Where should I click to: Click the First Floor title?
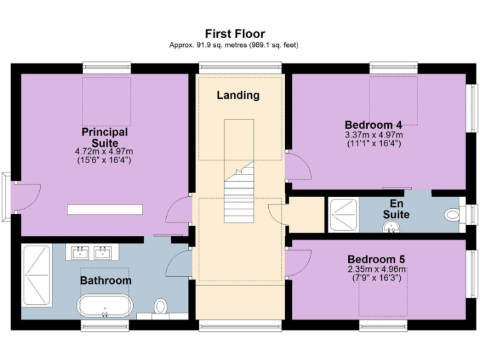point(235,34)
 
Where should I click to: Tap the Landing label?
point(238,96)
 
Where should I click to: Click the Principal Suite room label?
point(105,137)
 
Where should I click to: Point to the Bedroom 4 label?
point(372,124)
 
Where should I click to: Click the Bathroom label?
point(106,281)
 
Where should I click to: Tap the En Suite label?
point(396,209)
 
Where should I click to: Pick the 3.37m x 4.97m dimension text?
point(374,134)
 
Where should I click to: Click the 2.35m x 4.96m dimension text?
point(377,269)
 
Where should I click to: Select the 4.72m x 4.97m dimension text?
point(104,152)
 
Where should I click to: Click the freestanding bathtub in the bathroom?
point(105,307)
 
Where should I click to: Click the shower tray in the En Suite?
point(342,214)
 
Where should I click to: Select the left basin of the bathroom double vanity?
point(80,252)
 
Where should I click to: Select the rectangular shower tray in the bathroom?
point(36,274)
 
